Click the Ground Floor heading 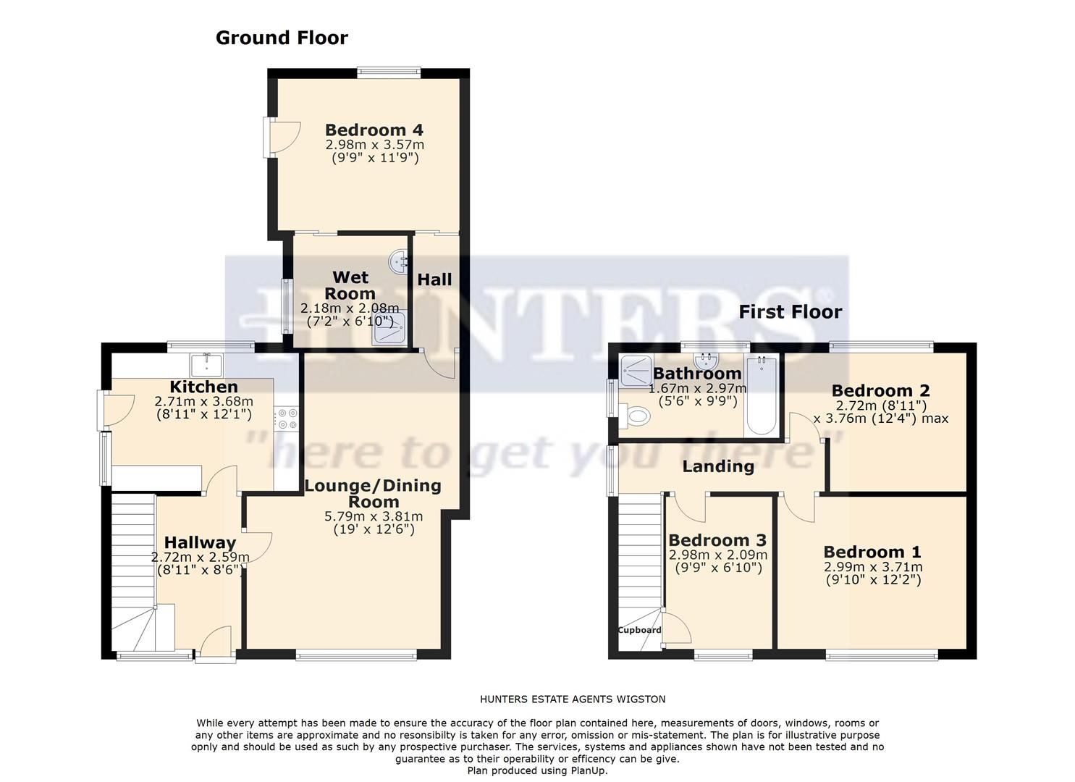(x=282, y=38)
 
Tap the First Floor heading (x=790, y=312)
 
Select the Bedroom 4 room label (x=374, y=130)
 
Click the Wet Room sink (x=399, y=262)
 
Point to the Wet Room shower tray (x=391, y=332)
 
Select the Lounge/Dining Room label (x=373, y=493)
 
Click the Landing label (x=717, y=466)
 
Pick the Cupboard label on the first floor (x=639, y=630)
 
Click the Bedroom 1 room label (x=872, y=552)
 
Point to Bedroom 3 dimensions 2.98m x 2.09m (x=717, y=561)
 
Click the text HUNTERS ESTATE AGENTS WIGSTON (x=572, y=699)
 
